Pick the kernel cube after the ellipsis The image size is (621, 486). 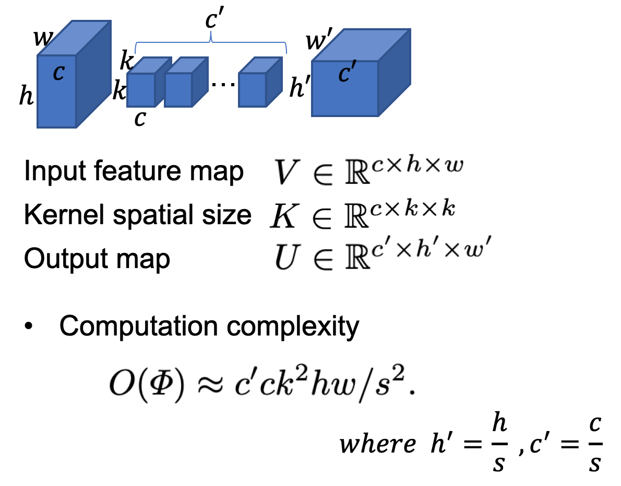pos(253,90)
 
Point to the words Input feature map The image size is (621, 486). pos(134,172)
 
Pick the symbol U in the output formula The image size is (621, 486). pos(284,259)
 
